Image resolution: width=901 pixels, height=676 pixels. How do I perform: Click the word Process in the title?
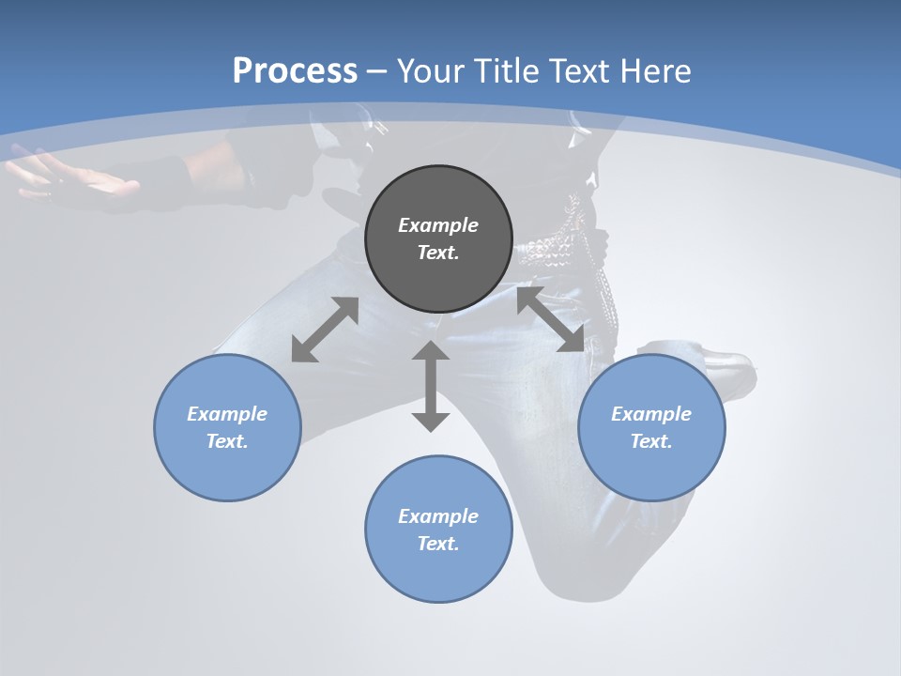295,71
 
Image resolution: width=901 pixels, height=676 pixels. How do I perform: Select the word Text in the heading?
579,71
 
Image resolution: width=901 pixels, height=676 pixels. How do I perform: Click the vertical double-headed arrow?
431,386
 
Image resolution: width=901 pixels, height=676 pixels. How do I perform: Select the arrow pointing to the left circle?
325,330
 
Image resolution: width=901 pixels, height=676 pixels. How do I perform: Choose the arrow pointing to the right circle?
551,320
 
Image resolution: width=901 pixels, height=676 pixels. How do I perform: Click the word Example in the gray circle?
438,225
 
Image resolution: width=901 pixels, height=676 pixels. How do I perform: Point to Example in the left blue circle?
227,414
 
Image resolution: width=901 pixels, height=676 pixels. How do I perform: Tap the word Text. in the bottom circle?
438,544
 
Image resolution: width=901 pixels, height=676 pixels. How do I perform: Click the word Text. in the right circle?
651,441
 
